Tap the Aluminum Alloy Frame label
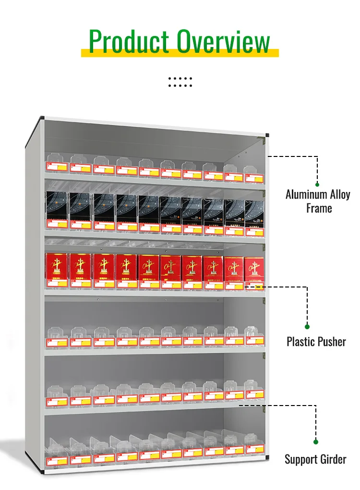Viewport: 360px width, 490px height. tap(318, 201)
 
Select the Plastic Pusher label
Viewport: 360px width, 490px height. tap(316, 342)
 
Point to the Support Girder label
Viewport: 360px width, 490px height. tap(315, 459)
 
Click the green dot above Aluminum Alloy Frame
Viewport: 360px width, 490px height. tap(317, 184)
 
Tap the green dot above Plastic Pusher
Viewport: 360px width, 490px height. tap(307, 326)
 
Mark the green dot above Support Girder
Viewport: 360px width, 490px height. tap(316, 442)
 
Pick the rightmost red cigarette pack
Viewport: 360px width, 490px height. tap(254, 269)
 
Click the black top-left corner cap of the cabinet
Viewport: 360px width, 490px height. tap(42, 118)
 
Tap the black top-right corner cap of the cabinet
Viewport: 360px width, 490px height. tap(267, 136)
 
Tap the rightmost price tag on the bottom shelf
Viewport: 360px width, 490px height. tap(254, 449)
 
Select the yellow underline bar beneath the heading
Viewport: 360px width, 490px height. tap(180, 53)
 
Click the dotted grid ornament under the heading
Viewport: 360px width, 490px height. tap(180, 82)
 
